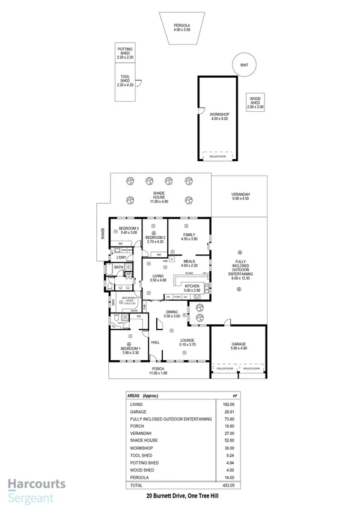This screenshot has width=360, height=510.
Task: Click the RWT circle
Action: point(243,64)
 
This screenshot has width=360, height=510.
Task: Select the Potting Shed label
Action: point(126,53)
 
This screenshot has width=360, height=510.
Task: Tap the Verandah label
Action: point(240,197)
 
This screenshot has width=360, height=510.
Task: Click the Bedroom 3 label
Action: point(128,230)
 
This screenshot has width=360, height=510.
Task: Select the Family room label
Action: point(189,237)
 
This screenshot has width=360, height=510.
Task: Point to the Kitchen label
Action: point(191,288)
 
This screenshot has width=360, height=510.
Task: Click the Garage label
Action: point(239,346)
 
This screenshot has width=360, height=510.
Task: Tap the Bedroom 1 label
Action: point(130,351)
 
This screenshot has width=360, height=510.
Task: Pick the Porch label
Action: point(158,371)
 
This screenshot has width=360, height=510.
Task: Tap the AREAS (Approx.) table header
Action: point(144,396)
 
